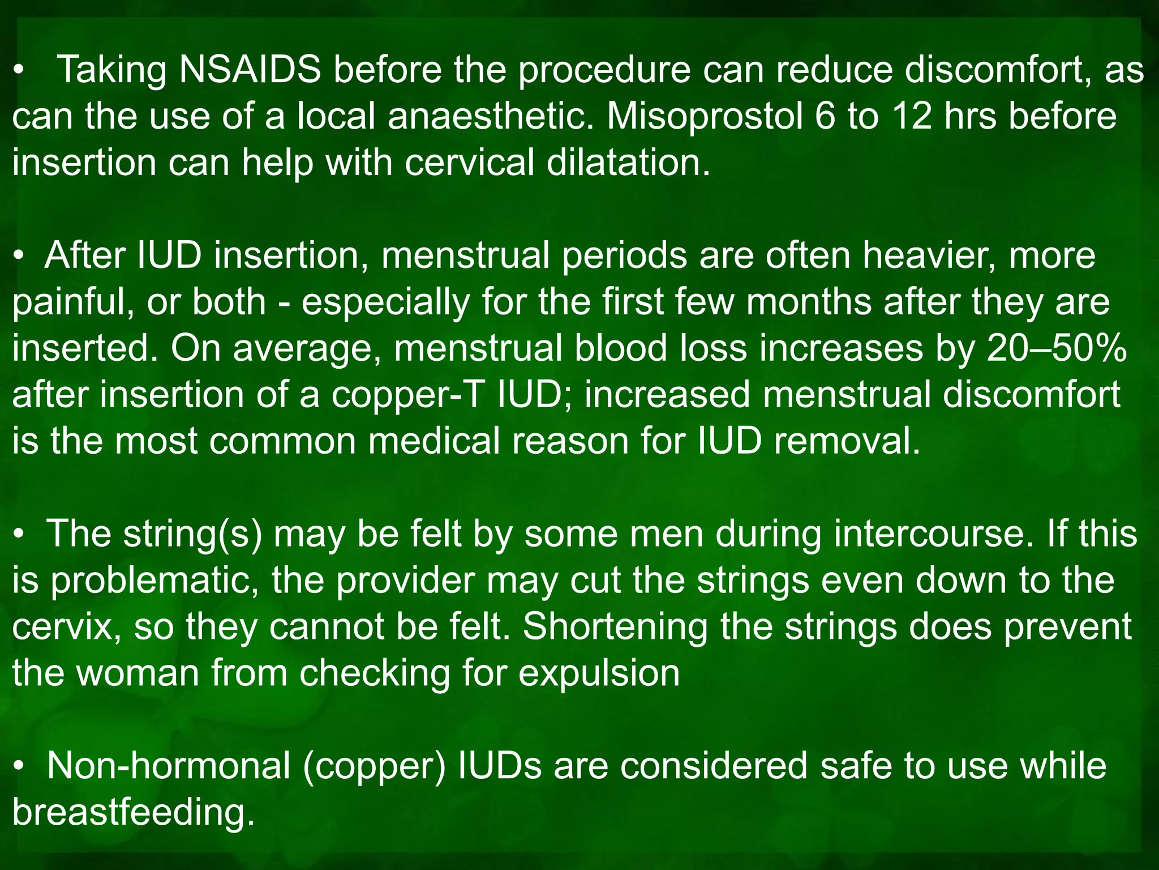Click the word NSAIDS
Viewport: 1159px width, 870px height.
[x=250, y=70]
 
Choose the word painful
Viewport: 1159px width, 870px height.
[x=73, y=302]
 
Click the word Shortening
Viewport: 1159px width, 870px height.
[x=615, y=627]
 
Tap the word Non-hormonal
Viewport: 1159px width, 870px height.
[x=169, y=766]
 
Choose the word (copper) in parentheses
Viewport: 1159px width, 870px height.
[x=375, y=766]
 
